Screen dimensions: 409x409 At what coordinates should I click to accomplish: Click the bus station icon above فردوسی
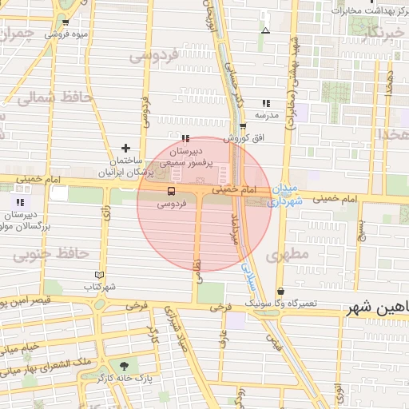pyautogui.click(x=171, y=191)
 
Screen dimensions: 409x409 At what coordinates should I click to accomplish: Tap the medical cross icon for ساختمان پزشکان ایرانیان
pyautogui.click(x=125, y=148)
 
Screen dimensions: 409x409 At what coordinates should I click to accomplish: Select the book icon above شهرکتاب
pyautogui.click(x=99, y=274)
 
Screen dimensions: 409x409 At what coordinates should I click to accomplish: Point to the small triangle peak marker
pyautogui.click(x=265, y=31)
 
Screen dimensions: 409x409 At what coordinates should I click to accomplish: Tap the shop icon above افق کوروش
pyautogui.click(x=243, y=125)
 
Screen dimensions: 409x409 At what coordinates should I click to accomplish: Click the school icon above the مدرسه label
pyautogui.click(x=266, y=103)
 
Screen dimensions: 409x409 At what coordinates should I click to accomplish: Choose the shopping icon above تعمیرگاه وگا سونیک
pyautogui.click(x=280, y=292)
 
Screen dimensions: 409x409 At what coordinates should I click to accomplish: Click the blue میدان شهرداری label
pyautogui.click(x=285, y=195)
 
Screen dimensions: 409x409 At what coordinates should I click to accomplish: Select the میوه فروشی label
pyautogui.click(x=66, y=35)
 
